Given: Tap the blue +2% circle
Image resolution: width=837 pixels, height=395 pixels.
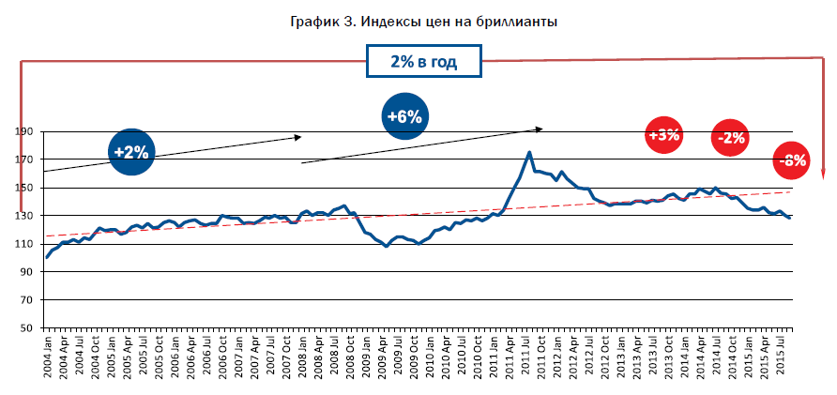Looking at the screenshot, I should click(131, 151).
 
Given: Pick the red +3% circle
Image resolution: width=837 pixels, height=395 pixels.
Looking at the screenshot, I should click(664, 134).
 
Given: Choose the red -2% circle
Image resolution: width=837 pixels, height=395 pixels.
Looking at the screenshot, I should click(730, 139).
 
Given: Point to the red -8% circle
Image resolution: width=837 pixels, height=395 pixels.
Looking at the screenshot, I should click(793, 160).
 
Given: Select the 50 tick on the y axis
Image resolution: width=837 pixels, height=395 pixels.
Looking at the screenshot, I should click(28, 328).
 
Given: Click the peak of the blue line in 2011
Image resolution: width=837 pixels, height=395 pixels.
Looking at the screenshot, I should click(530, 152).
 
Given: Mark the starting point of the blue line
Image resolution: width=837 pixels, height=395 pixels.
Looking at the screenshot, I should click(47, 257).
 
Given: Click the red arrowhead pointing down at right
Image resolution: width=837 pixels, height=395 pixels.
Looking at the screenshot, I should click(823, 174).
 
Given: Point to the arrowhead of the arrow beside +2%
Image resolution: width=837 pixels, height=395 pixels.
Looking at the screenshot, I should click(297, 137).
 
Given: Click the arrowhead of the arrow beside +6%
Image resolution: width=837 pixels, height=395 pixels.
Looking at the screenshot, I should click(540, 128).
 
